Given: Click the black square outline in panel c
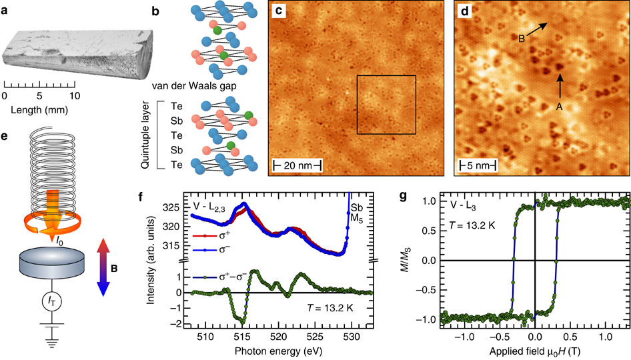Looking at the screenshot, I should tap(386, 104).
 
